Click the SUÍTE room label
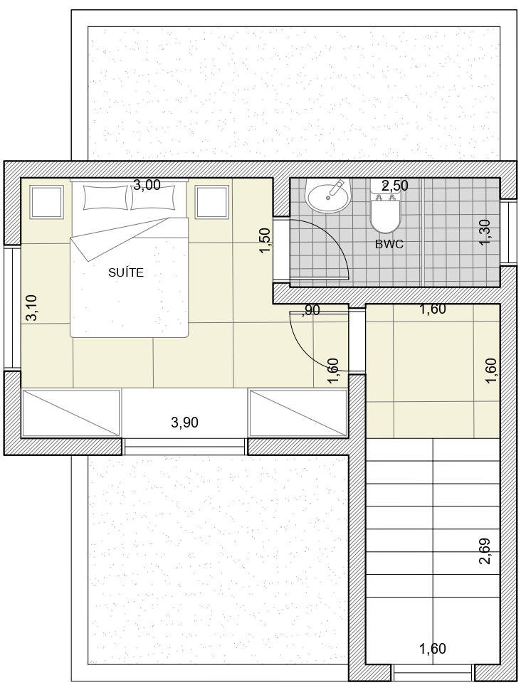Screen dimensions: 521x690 point(126,273)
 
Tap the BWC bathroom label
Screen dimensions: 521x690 point(389,244)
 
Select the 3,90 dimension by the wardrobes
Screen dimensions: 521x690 point(184,423)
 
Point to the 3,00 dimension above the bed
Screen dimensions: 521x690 point(147,185)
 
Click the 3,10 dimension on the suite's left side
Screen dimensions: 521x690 point(31,308)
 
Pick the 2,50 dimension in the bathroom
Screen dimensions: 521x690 point(394,186)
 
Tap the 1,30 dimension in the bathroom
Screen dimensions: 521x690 point(485,233)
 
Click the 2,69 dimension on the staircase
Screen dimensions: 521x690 point(485,551)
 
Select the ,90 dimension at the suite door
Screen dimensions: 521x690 point(311,310)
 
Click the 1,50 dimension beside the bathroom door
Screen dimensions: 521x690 point(265,240)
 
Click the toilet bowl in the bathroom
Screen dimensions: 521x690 point(385,217)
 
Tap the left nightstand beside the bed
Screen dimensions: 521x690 point(46,202)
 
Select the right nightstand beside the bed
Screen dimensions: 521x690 point(212,202)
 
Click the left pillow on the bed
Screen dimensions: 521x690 point(106,198)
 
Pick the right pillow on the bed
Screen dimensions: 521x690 point(152,198)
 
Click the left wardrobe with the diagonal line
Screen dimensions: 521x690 point(71,413)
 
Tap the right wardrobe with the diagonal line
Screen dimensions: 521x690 point(298,413)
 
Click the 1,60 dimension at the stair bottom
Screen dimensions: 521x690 point(433,649)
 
